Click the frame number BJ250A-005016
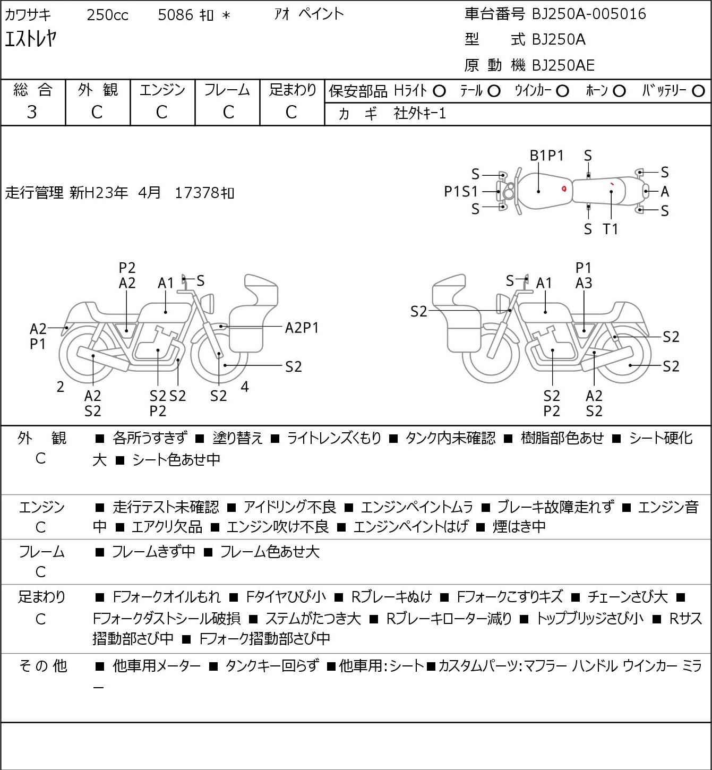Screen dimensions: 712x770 (589, 14)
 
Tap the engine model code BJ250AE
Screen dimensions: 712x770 (563, 65)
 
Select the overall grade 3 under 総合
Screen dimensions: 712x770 (32, 112)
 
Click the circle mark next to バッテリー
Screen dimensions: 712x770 (698, 91)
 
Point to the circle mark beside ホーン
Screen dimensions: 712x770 (619, 91)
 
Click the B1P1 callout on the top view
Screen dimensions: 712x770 (546, 156)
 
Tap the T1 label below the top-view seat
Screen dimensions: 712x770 (611, 229)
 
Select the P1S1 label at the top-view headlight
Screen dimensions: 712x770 (461, 191)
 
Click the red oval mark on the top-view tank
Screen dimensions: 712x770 (564, 189)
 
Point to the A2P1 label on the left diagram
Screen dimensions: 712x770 (302, 328)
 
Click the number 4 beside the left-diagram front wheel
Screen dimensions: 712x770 (245, 387)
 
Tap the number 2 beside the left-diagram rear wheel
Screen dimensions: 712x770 (60, 387)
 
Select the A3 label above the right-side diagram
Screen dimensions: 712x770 (584, 283)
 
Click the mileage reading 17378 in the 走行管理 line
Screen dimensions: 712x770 (197, 193)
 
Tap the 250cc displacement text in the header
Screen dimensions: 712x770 (107, 15)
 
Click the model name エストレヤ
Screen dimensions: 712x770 (31, 38)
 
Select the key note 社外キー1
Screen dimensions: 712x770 (419, 114)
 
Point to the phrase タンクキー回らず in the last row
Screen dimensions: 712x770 (272, 666)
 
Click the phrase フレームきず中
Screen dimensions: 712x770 (153, 551)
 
